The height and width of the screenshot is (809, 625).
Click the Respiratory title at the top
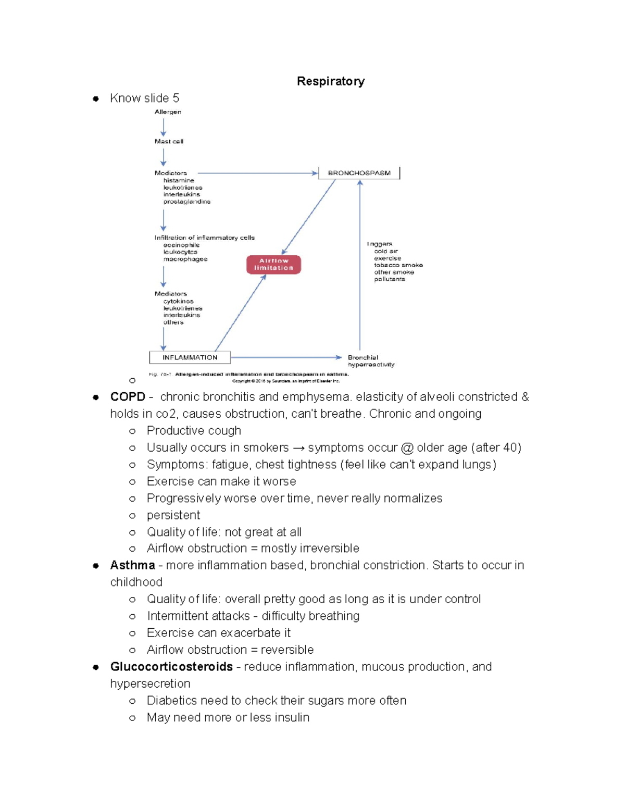[330, 81]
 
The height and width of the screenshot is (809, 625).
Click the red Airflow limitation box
[273, 265]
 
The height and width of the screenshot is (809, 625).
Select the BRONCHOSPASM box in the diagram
[359, 173]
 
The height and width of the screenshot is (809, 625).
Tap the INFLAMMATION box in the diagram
[190, 357]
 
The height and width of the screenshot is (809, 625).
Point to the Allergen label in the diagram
[168, 112]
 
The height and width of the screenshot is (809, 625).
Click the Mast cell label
[169, 141]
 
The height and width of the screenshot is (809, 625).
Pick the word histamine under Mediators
[179, 180]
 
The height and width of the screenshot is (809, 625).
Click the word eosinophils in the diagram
[181, 245]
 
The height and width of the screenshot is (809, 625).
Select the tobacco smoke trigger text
[398, 265]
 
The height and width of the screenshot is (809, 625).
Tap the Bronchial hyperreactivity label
[371, 361]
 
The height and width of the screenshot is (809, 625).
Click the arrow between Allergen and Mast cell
[164, 127]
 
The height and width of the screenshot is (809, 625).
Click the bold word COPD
[128, 397]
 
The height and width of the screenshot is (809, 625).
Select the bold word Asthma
[132, 565]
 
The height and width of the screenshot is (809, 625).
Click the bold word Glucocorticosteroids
[171, 667]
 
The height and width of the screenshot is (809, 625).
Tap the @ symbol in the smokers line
[407, 448]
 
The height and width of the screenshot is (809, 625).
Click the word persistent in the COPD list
[173, 515]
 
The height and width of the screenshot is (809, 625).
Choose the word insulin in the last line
[292, 717]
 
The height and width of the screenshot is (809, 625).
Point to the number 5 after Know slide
[176, 98]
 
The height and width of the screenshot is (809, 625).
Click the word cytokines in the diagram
[178, 301]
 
